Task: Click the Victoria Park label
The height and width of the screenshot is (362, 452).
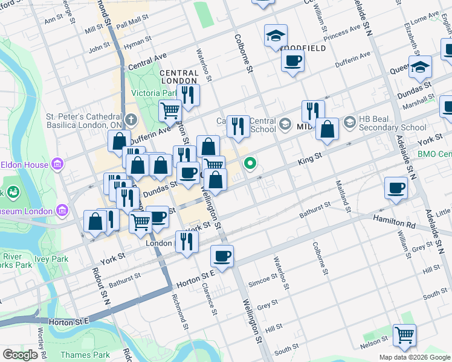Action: coord(154,94)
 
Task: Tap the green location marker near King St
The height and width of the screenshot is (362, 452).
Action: coord(250,163)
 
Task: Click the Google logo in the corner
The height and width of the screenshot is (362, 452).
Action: coord(20,355)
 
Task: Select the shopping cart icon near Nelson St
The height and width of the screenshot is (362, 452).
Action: coord(404,335)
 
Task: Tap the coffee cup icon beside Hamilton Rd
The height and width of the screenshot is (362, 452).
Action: coord(396,188)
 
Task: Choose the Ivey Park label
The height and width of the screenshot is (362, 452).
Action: coord(60,259)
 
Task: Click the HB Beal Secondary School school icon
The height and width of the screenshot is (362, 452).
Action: coord(349,123)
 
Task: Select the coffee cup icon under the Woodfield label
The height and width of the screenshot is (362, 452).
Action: coord(292,60)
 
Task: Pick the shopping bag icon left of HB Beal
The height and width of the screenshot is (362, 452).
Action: coord(327,130)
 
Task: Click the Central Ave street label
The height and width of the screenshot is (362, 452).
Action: coord(147,62)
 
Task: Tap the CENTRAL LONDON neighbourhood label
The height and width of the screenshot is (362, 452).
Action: coord(179,77)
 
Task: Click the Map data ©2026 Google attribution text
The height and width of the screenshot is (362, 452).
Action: coord(414,357)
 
